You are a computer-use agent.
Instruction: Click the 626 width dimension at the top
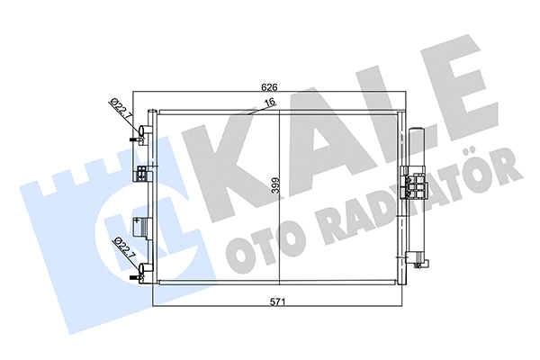[267, 88]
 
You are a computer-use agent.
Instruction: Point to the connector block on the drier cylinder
[417, 186]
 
